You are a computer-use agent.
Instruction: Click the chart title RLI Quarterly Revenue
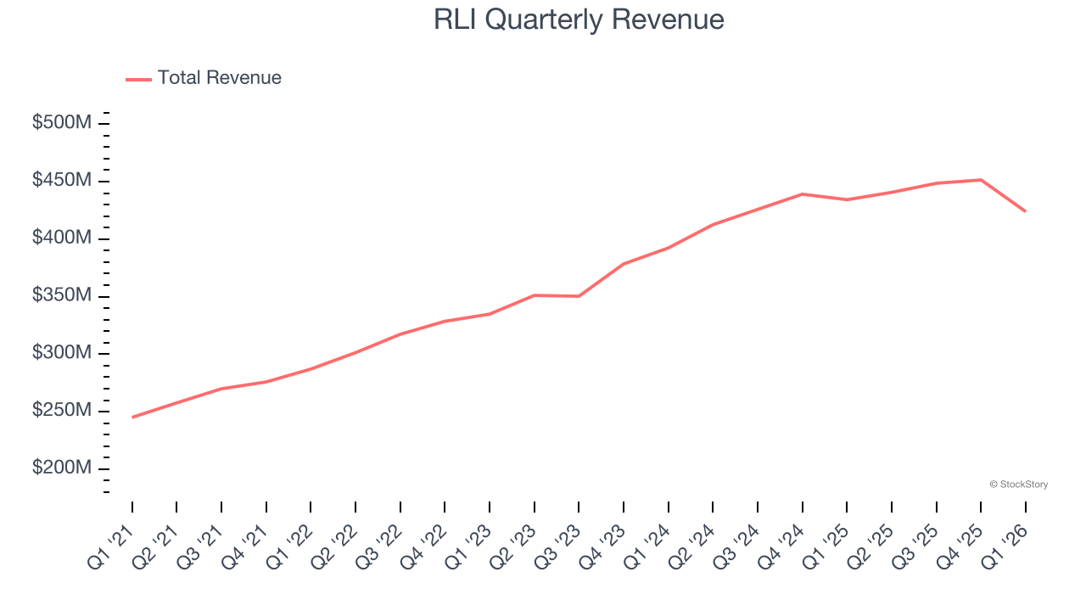(579, 20)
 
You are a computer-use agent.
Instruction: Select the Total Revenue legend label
(219, 78)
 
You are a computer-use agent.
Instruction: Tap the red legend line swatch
(138, 79)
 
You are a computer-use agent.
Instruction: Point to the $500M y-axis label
(62, 123)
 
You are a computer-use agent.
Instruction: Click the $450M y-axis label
(62, 181)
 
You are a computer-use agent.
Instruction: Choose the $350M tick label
(62, 295)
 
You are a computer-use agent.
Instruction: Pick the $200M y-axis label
(62, 468)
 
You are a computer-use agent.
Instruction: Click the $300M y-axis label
(62, 353)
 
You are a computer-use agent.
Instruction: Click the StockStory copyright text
(1018, 485)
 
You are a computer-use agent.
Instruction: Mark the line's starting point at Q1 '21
(132, 418)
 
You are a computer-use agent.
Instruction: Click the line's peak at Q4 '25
(981, 180)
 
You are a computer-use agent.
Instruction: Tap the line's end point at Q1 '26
(1026, 211)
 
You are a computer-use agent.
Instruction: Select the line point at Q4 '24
(803, 194)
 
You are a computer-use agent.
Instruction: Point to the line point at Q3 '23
(579, 296)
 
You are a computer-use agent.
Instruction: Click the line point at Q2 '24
(713, 224)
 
